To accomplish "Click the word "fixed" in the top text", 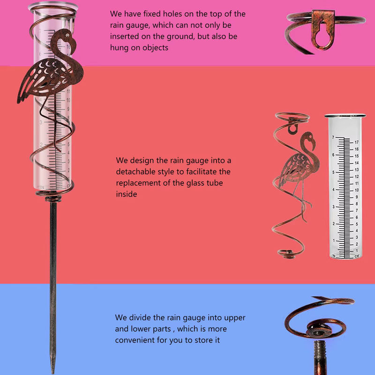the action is coord(152,14).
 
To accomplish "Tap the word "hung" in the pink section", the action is coord(118,48).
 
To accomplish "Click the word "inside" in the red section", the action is coord(127,194).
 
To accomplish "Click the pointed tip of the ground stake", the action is coord(53,371).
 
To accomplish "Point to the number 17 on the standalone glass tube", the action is coord(357,142).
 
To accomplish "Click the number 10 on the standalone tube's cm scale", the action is coord(357,190).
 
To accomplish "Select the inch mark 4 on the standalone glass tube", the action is coord(333,189).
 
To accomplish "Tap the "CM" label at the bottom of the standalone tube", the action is coord(357,256).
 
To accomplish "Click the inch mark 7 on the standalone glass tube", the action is coord(333,137).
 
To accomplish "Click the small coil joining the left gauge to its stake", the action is coord(53,198).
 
